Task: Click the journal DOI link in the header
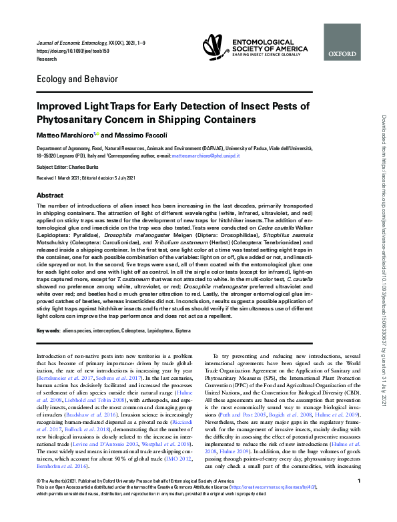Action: (x=63, y=51)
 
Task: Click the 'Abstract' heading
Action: (x=49, y=195)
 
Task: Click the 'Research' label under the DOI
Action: (x=47, y=58)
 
